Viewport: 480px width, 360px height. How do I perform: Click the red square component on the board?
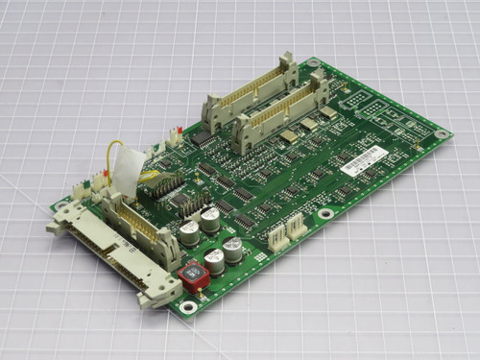coord(193,276)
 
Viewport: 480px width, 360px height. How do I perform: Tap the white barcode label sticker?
coord(366,160)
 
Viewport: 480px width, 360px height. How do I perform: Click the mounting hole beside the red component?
coord(188,307)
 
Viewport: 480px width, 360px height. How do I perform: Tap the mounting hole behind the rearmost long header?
coord(313,62)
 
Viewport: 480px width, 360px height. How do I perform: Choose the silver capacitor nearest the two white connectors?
coord(233,252)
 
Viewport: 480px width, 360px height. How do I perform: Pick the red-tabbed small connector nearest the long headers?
coord(174,135)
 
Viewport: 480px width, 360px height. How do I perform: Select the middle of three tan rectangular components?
coord(308,125)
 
